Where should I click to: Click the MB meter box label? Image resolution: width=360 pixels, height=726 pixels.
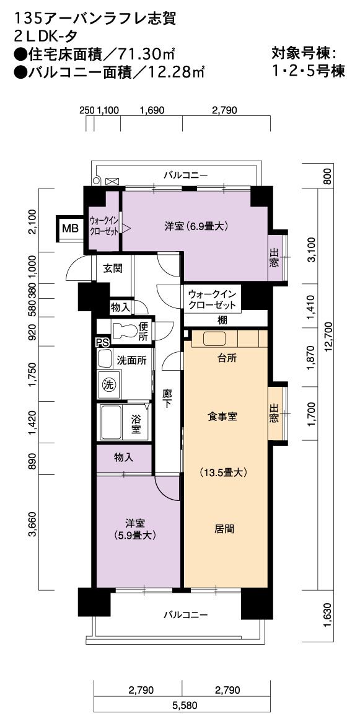pos(71,228)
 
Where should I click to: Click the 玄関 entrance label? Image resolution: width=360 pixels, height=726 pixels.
pos(112,268)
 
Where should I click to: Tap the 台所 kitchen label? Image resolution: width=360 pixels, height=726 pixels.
pos(225,358)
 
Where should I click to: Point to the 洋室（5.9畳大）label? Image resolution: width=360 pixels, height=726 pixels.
pos(135,529)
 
